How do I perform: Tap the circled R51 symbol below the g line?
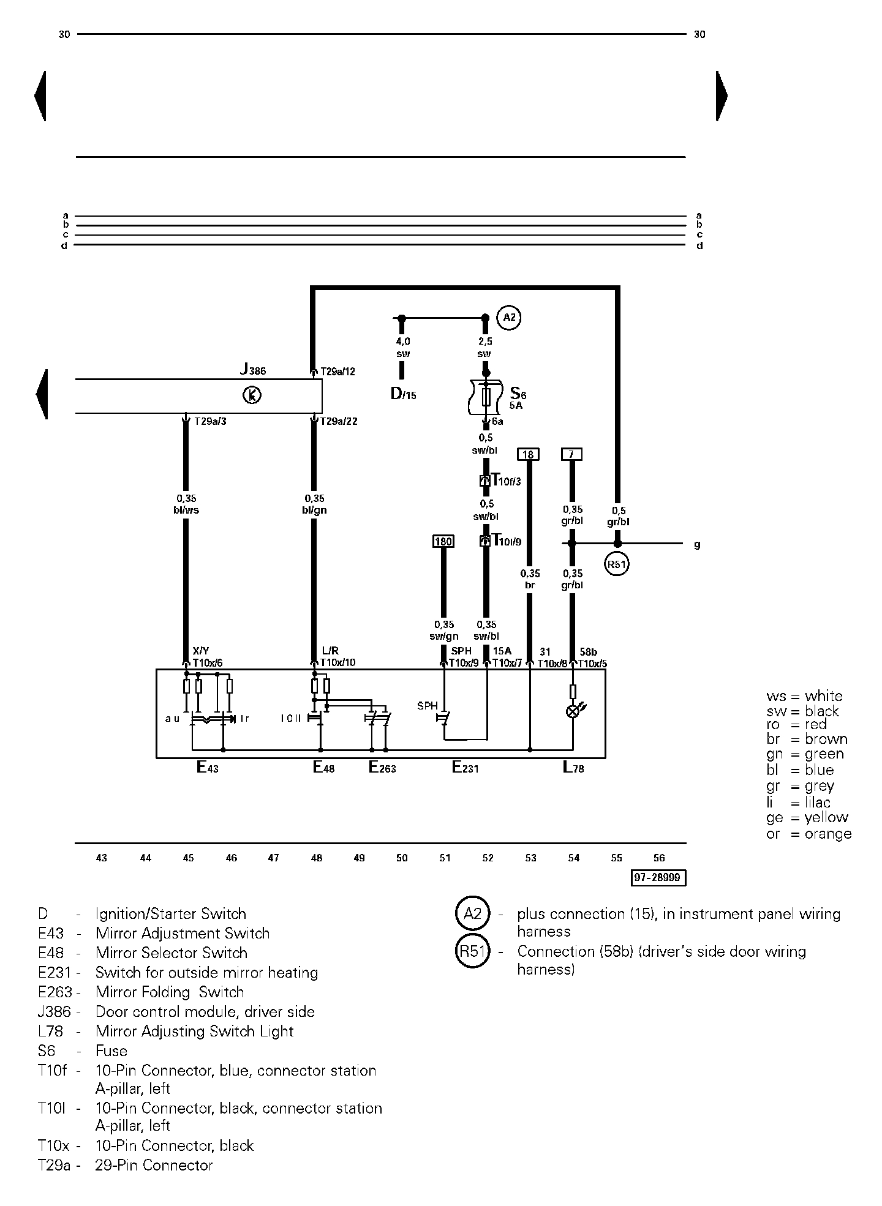617,564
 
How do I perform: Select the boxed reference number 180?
443,541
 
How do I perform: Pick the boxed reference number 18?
529,454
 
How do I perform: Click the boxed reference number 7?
571,454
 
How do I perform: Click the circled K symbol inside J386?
252,395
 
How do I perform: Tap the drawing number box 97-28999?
658,878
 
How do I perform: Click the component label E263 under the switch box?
382,767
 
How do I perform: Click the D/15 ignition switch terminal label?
403,394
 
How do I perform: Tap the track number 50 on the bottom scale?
402,858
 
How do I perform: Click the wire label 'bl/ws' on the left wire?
186,510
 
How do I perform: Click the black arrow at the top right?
722,96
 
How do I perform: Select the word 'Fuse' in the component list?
111,1051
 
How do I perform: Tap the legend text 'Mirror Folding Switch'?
170,992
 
